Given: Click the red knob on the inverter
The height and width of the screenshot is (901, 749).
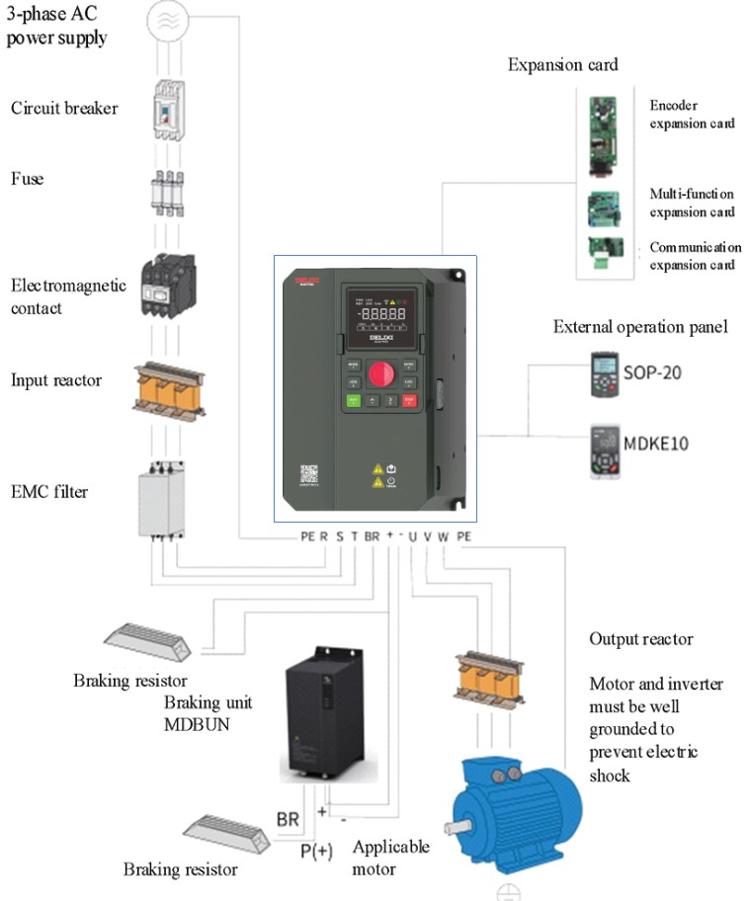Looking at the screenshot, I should [x=380, y=374].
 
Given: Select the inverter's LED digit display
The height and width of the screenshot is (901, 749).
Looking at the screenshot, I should [x=380, y=313].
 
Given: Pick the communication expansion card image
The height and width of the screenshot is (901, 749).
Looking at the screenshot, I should [x=599, y=254].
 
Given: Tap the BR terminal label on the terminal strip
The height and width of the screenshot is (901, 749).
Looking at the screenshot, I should [x=372, y=536].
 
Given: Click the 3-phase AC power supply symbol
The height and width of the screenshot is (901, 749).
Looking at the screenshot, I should [x=169, y=19].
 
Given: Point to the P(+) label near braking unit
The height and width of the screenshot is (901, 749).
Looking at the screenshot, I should [x=316, y=852].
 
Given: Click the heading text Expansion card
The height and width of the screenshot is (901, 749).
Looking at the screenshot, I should [x=562, y=64].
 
